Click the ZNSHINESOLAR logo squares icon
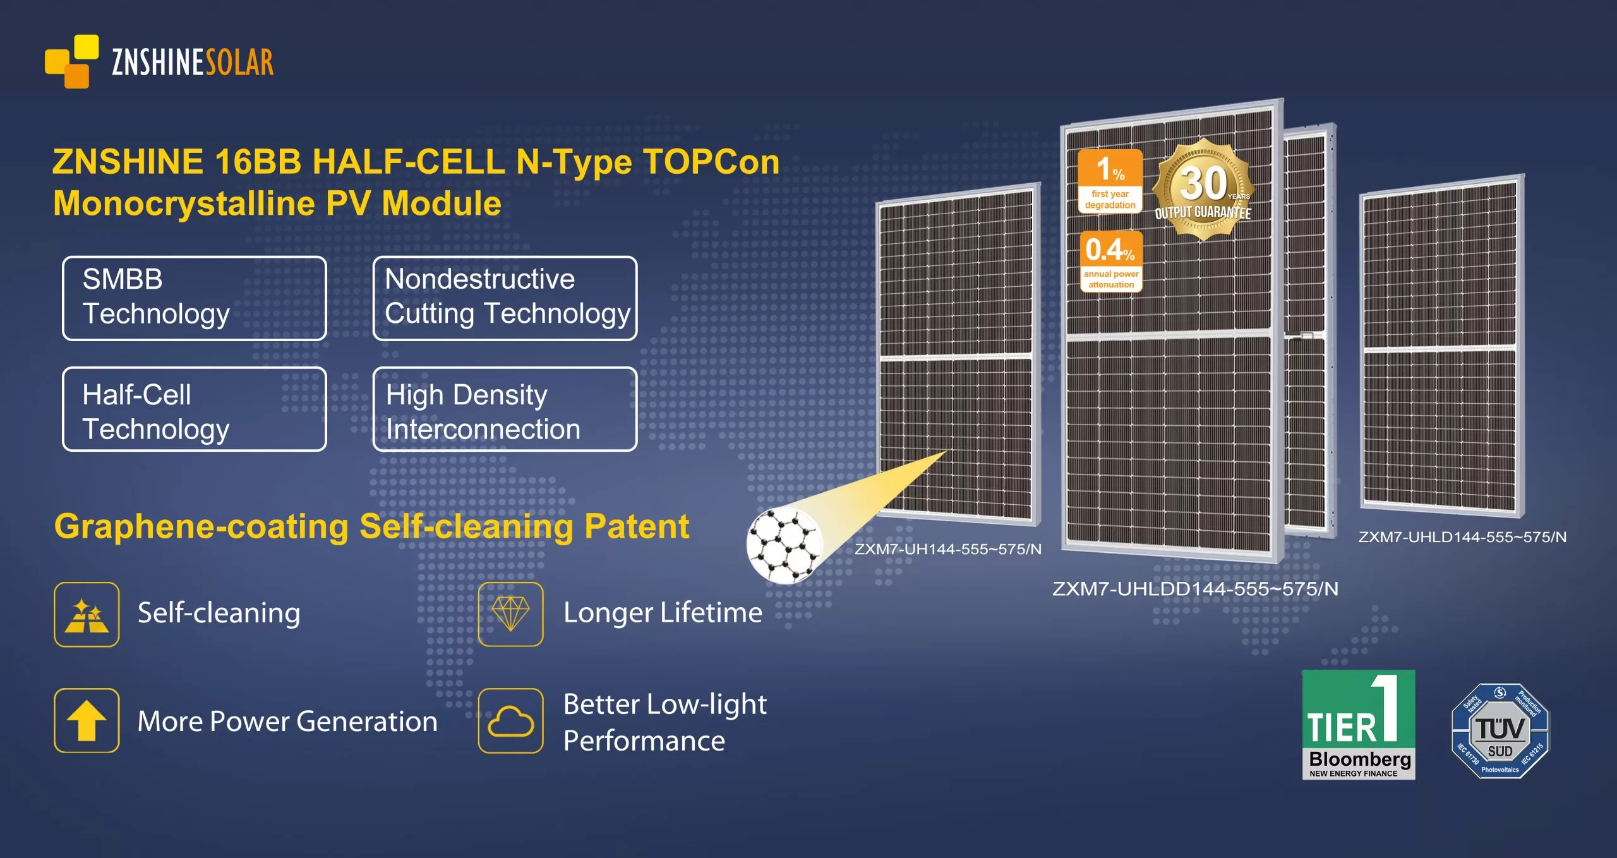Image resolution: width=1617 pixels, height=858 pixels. point(72,61)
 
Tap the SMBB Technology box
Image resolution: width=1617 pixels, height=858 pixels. point(195,298)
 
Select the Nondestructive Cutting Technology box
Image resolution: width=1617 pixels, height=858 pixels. point(505,298)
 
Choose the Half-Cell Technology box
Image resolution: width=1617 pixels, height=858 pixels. point(195,409)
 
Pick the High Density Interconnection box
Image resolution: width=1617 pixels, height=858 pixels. point(505,409)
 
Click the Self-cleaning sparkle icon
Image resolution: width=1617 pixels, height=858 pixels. point(87,615)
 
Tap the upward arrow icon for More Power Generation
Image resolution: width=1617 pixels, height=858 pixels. point(87,721)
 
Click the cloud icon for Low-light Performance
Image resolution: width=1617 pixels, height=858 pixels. point(511,721)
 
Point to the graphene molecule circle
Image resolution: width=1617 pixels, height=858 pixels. point(784,545)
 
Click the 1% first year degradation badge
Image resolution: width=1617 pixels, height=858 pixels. point(1110,181)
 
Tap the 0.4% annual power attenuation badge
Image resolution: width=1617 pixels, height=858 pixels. point(1111,262)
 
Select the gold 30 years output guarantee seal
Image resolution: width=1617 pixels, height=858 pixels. point(1203,190)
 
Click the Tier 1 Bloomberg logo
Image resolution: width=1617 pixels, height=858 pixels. point(1359,725)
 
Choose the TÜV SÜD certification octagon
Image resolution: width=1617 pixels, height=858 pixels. point(1500,731)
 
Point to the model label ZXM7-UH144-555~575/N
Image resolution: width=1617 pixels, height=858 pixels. point(948,549)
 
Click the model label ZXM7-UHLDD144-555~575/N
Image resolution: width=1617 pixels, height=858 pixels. point(1195,589)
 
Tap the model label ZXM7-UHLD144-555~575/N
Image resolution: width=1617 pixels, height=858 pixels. point(1462,537)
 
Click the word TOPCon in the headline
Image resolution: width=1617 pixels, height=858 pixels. point(711,162)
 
